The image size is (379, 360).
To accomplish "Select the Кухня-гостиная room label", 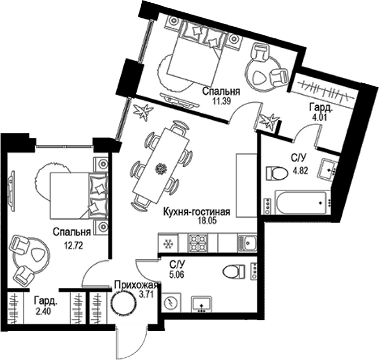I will [x=196, y=212].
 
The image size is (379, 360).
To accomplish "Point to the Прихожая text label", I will [x=133, y=286].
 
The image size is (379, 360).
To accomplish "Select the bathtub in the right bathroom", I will [x=297, y=204].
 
